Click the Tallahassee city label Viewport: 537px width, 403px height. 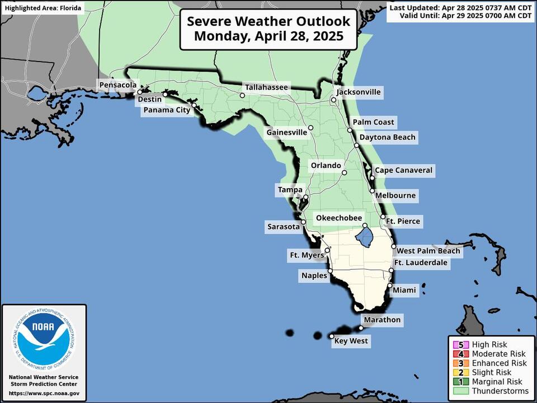[266, 87]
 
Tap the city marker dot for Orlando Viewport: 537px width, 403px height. [345, 172]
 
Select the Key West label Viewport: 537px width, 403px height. [350, 340]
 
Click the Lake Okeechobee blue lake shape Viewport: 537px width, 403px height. [366, 237]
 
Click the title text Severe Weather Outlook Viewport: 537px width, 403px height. [268, 21]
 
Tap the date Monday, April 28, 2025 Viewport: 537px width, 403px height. [268, 38]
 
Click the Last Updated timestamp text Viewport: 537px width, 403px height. [460, 7]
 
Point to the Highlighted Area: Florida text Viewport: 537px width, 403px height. [43, 8]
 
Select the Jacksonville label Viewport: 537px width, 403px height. [358, 92]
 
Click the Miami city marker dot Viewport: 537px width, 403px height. [389, 285]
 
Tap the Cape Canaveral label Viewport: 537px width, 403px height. [403, 170]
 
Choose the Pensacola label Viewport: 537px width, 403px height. [117, 85]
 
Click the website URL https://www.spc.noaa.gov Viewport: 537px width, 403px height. [44, 393]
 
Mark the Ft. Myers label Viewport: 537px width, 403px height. [306, 255]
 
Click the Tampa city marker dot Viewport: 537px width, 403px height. [306, 198]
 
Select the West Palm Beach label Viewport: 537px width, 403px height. [428, 251]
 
